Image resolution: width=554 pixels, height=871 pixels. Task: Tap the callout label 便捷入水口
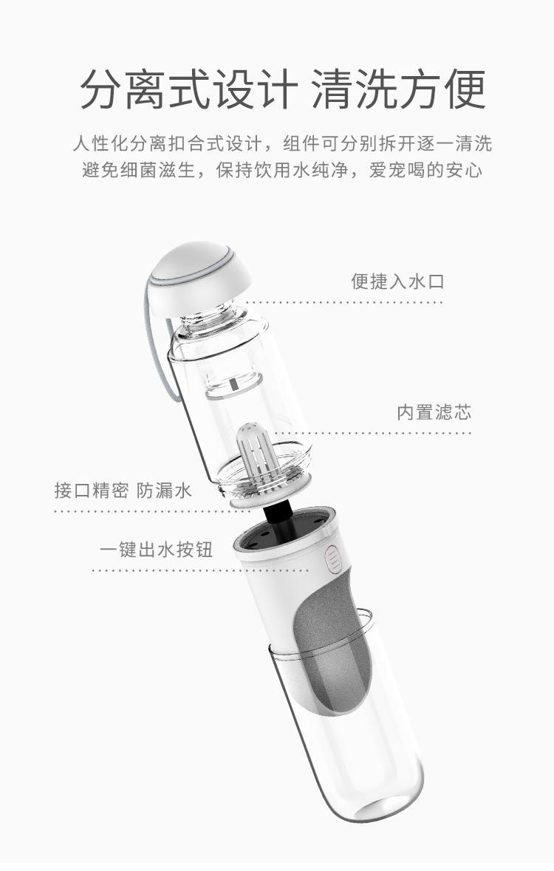pos(397,281)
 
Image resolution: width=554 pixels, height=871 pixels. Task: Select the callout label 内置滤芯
pos(434,412)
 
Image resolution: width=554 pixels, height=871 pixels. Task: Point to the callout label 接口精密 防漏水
pos(123,491)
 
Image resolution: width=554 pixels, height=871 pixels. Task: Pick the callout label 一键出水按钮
pos(156,550)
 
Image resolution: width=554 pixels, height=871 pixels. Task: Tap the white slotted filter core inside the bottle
pos(256,455)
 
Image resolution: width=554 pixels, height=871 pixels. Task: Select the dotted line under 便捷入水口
pos(343,302)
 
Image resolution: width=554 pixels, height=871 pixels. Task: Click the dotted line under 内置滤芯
pos(373,433)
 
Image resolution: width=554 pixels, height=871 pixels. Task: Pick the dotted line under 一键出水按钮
pos(163,570)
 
